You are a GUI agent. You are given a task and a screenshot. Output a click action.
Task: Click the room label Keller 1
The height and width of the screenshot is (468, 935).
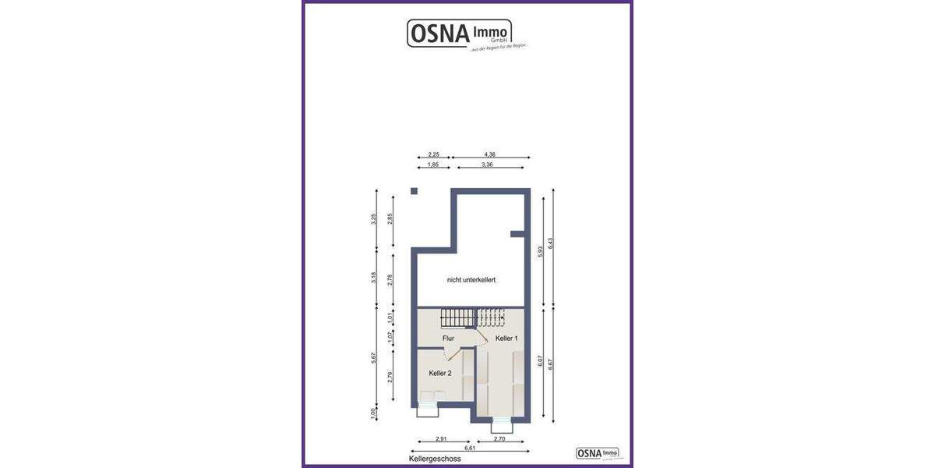click(x=506, y=339)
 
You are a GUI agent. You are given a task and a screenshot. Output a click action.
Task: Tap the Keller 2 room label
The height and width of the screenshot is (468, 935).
click(x=440, y=374)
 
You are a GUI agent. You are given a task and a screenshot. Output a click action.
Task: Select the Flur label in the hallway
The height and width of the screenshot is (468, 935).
click(x=448, y=339)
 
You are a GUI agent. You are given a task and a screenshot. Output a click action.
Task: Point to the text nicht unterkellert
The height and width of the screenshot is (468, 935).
click(x=471, y=278)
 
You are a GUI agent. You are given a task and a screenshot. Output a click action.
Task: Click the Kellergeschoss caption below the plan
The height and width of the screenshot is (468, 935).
click(x=435, y=459)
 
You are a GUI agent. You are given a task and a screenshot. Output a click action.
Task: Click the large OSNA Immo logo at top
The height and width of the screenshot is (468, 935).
click(x=460, y=34)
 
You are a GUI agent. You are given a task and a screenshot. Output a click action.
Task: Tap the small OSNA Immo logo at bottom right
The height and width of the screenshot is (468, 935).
click(x=598, y=452)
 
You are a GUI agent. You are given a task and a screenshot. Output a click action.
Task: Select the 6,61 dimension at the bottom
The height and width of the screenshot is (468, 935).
click(x=470, y=448)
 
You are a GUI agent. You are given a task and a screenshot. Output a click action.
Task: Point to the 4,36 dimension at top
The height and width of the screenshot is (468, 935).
click(x=489, y=154)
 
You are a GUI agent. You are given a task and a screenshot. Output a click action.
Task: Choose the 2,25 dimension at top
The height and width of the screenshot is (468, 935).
click(x=433, y=154)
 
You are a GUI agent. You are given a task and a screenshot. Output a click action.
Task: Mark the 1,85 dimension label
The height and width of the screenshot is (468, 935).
click(x=433, y=165)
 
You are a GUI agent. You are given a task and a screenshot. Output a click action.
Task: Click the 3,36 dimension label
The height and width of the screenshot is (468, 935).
click(x=488, y=165)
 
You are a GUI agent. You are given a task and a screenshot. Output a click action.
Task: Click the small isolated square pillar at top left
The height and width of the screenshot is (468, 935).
click(x=415, y=191)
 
